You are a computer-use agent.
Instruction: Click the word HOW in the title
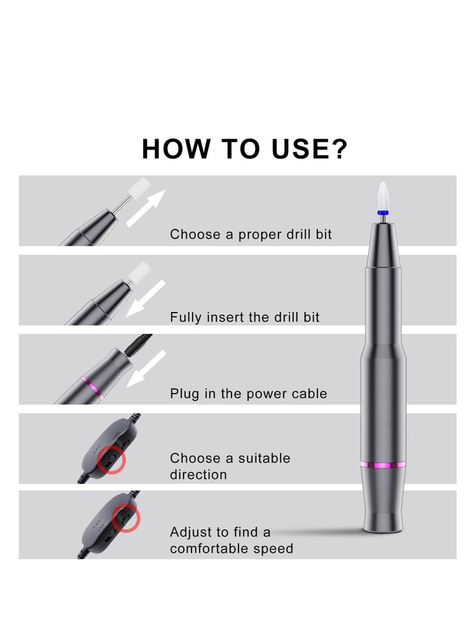tap(176, 149)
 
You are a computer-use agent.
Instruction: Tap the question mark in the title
tap(338, 149)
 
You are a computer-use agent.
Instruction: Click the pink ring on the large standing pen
tap(382, 465)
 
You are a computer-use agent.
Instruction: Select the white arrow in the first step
tap(146, 208)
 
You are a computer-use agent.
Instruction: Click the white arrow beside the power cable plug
tap(147, 368)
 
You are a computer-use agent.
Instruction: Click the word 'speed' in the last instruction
tap(273, 549)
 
